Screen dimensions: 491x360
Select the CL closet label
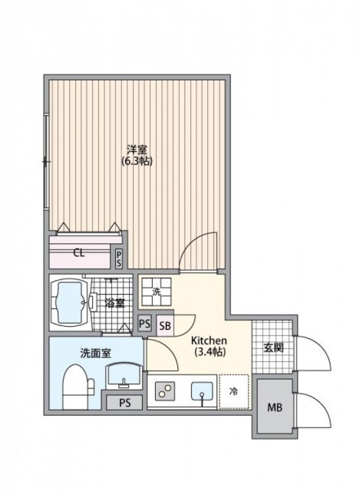click(x=79, y=252)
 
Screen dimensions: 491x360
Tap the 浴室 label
click(x=114, y=302)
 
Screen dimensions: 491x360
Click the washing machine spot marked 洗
click(x=156, y=292)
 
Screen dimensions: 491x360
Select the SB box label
click(x=165, y=325)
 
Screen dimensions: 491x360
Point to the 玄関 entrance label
click(x=275, y=348)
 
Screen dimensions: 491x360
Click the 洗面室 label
click(x=73, y=354)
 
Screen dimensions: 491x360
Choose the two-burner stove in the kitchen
click(x=164, y=392)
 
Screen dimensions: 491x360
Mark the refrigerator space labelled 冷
click(x=234, y=391)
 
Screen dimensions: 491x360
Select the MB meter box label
click(x=275, y=407)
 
